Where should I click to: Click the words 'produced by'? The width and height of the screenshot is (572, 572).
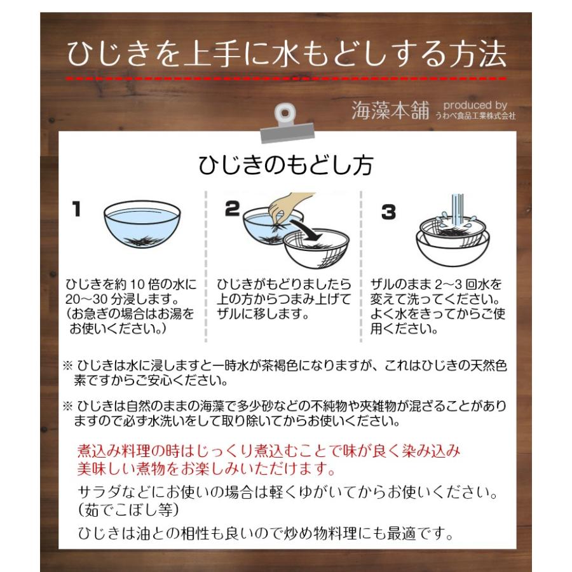(x=475, y=105)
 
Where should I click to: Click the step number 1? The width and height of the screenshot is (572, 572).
(x=76, y=210)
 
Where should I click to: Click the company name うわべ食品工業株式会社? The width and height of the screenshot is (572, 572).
(x=475, y=117)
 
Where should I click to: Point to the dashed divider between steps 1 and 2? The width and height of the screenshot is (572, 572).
(x=207, y=267)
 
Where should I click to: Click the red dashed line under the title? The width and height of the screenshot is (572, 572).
(x=287, y=78)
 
